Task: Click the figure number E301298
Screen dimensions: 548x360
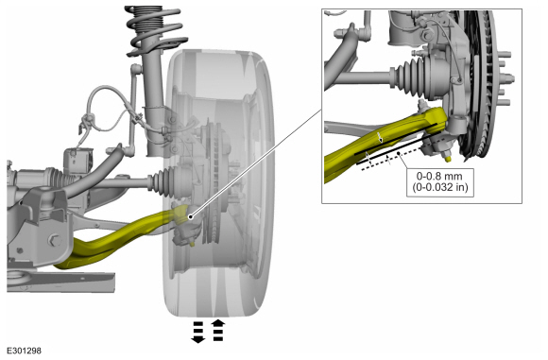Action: [24, 351]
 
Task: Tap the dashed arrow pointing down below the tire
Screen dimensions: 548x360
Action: [197, 332]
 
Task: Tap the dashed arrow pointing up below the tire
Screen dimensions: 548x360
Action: [218, 330]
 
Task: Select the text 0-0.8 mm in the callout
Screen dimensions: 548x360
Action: [439, 176]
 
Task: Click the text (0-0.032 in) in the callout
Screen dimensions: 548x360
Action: [439, 187]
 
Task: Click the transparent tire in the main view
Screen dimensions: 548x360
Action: [218, 183]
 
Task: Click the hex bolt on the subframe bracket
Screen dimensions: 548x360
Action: [55, 240]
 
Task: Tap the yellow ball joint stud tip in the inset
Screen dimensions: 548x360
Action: [448, 159]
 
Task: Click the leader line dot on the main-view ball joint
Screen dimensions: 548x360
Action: [190, 217]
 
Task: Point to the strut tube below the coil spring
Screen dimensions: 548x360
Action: [153, 105]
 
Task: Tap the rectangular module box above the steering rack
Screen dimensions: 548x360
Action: [78, 162]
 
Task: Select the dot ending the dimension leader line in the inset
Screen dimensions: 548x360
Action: [399, 153]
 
